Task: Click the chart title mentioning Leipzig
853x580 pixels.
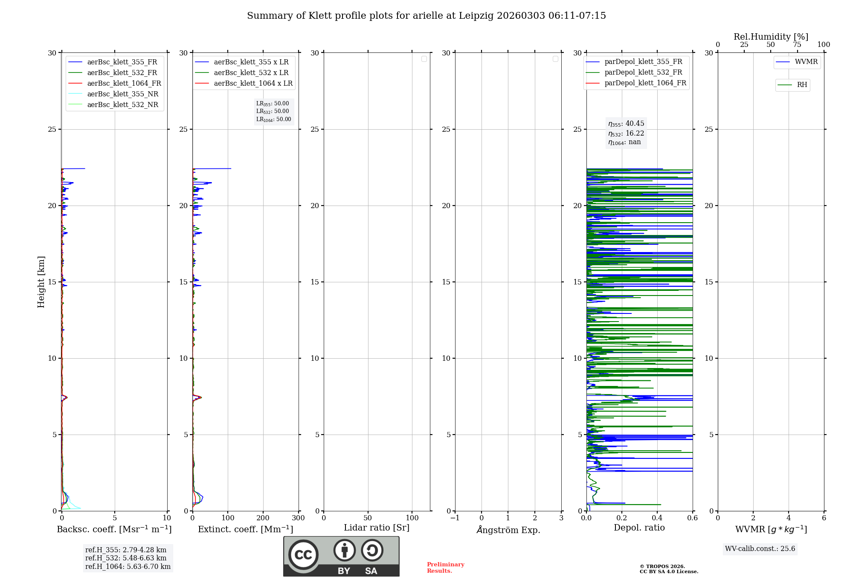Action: click(x=426, y=16)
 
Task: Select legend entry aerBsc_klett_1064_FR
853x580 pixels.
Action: click(x=124, y=83)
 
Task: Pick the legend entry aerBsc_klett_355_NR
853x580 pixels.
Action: click(x=122, y=94)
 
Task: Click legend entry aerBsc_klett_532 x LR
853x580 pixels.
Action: click(x=251, y=72)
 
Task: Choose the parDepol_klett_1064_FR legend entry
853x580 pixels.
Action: click(x=645, y=83)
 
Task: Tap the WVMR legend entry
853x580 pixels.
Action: click(x=806, y=62)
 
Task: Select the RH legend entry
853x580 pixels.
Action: click(x=801, y=85)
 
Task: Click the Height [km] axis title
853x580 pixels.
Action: click(x=41, y=281)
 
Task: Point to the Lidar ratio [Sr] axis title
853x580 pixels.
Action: click(x=377, y=528)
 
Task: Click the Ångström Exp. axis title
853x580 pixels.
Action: click(x=508, y=530)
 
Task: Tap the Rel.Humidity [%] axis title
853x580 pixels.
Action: click(x=771, y=37)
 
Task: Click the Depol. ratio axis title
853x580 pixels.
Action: click(x=639, y=528)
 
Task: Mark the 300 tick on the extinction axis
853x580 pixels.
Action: click(x=298, y=518)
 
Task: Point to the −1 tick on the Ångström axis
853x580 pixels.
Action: click(x=455, y=518)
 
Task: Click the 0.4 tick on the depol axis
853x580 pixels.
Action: click(x=657, y=518)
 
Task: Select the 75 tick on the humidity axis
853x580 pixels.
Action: click(x=797, y=44)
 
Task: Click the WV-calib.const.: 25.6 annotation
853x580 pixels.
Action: click(x=760, y=548)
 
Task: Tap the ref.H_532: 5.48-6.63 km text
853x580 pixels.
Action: click(x=126, y=558)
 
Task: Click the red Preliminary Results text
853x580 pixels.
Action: click(x=445, y=567)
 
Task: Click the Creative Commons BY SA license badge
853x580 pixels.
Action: click(x=341, y=556)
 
